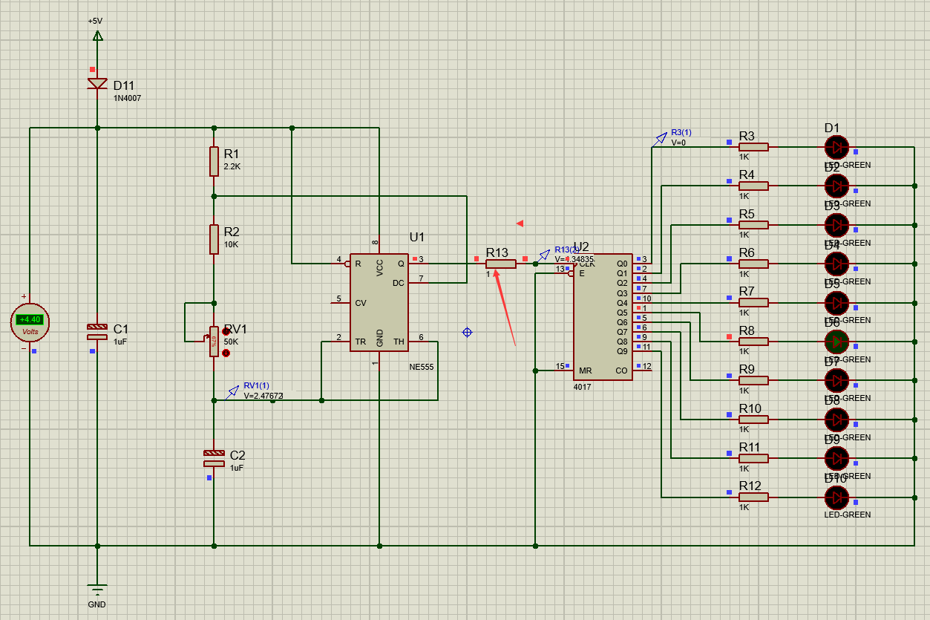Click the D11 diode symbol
pyautogui.click(x=97, y=83)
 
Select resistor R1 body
pyautogui.click(x=214, y=161)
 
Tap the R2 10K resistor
pyautogui.click(x=214, y=239)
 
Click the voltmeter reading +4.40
pyautogui.click(x=30, y=320)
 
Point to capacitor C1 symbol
pyautogui.click(x=97, y=331)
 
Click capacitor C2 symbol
pyautogui.click(x=214, y=458)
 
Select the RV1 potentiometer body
pyautogui.click(x=214, y=341)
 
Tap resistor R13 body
pyautogui.click(x=501, y=264)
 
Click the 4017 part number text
pyautogui.click(x=583, y=387)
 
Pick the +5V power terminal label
pyautogui.click(x=95, y=21)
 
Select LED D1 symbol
pyautogui.click(x=836, y=147)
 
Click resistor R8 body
pyautogui.click(x=753, y=342)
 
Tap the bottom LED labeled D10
pyautogui.click(x=836, y=497)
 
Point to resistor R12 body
pyautogui.click(x=753, y=497)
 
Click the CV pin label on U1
pyautogui.click(x=361, y=303)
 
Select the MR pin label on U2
pyautogui.click(x=586, y=371)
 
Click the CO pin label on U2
pyautogui.click(x=621, y=371)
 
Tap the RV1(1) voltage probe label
pyautogui.click(x=257, y=385)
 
